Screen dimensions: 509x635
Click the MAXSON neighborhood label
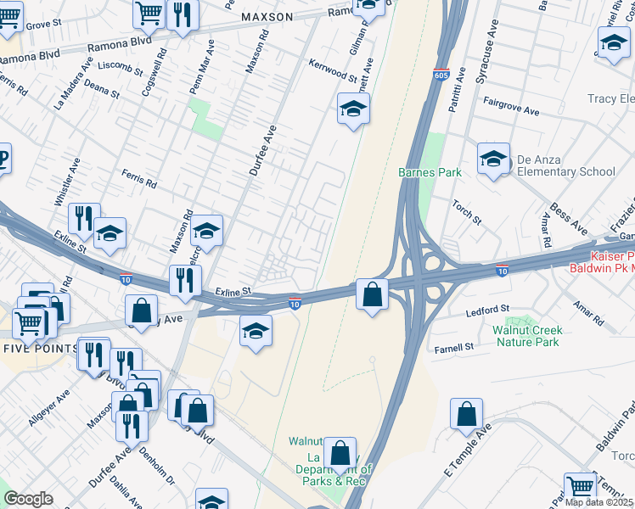pyautogui.click(x=267, y=17)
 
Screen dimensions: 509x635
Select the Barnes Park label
pyautogui.click(x=430, y=172)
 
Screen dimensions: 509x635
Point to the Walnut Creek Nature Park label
pyautogui.click(x=526, y=335)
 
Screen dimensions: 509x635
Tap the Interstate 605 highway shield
pyautogui.click(x=440, y=76)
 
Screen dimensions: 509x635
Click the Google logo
pyautogui.click(x=28, y=498)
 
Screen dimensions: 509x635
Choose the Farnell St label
pyautogui.click(x=454, y=348)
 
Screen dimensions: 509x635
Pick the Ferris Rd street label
pyautogui.click(x=139, y=182)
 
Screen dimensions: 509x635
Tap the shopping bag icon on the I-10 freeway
pyautogui.click(x=372, y=295)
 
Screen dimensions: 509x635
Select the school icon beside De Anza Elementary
pyautogui.click(x=493, y=158)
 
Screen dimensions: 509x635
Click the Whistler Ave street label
pyautogui.click(x=67, y=181)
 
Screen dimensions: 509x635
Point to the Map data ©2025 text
pyautogui.click(x=599, y=501)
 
